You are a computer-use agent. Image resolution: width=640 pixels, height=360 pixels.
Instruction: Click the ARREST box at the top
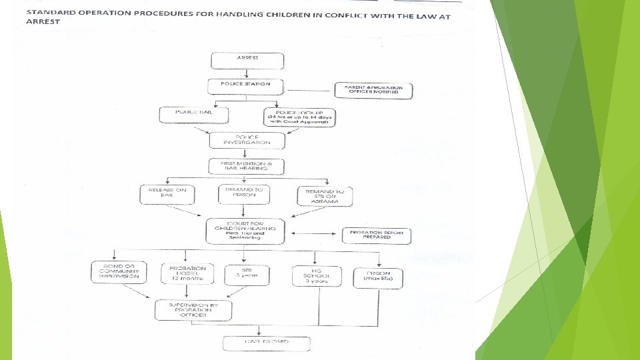coord(247,60)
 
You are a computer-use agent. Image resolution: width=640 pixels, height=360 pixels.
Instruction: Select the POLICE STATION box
coord(246,87)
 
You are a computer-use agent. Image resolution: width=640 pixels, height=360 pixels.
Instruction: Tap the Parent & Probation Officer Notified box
coord(373,91)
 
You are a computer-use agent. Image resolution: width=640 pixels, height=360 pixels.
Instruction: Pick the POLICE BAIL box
coord(194,115)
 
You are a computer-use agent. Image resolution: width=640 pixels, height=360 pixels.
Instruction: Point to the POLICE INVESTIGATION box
coord(247,140)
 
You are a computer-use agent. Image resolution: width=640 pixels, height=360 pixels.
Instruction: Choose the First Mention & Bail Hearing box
coord(247,166)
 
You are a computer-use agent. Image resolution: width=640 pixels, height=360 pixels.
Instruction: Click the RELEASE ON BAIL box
coord(167,195)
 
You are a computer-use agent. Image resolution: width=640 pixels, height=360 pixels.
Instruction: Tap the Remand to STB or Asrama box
coord(325,196)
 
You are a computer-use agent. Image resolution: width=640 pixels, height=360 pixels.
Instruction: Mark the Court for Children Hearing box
coord(245,231)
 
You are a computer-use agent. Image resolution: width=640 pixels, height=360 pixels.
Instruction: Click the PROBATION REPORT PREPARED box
coord(377,235)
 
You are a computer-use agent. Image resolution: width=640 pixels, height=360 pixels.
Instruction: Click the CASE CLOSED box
coord(267,343)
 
